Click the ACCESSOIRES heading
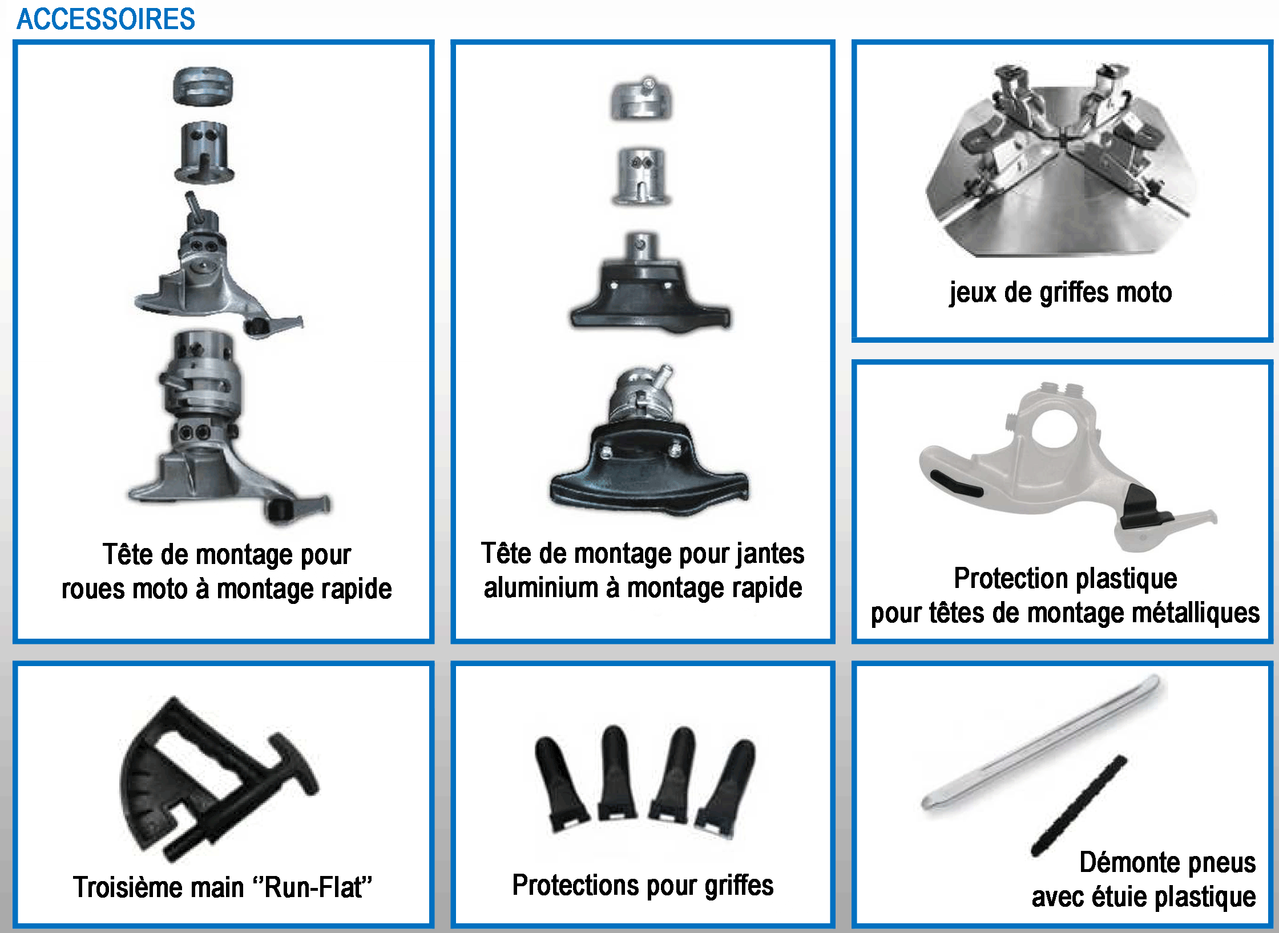click(x=106, y=19)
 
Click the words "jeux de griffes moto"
click(x=1060, y=293)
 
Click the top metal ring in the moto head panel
click(x=203, y=86)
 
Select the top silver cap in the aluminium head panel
click(x=641, y=100)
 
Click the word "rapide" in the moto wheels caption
click(x=356, y=589)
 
